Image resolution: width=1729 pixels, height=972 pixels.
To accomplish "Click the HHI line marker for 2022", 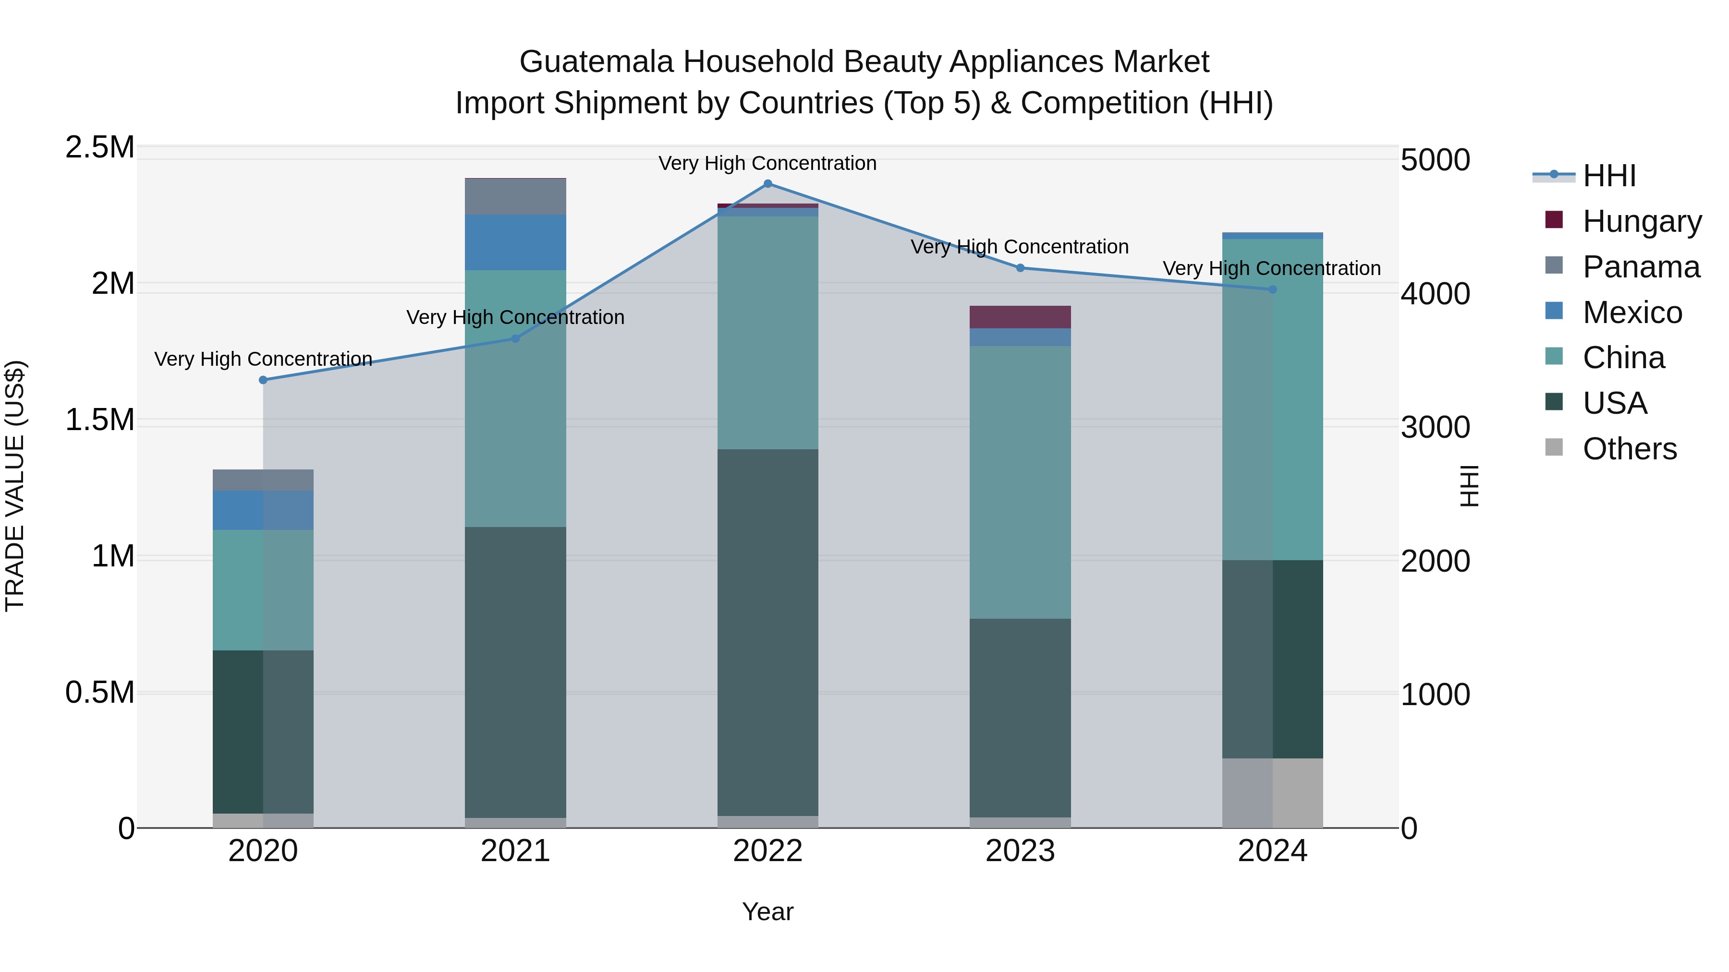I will coord(768,184).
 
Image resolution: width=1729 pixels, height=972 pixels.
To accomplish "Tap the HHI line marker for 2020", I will coord(263,380).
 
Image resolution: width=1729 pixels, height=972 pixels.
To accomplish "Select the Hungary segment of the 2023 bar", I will coord(1020,317).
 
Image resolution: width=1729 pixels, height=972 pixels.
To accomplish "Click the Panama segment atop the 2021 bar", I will coord(515,196).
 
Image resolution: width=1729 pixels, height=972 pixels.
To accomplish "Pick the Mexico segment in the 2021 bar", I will coord(515,242).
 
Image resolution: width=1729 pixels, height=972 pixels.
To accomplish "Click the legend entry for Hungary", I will coord(1641,221).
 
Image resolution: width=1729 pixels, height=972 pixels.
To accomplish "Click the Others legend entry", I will coord(1629,449).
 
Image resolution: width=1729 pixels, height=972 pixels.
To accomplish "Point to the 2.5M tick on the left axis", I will coord(99,147).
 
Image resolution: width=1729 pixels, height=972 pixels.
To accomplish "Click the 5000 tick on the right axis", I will coord(1435,160).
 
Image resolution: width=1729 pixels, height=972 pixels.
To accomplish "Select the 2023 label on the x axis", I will coord(1020,851).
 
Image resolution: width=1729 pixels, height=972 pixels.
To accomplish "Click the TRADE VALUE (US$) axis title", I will coord(15,486).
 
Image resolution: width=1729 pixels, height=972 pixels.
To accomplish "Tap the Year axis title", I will coord(768,912).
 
